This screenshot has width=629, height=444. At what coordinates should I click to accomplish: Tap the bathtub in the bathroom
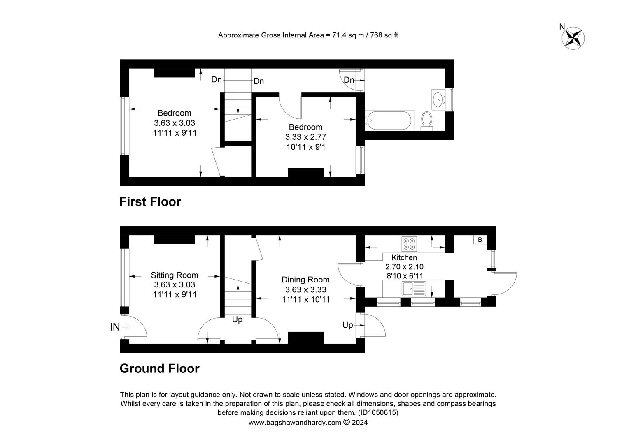click(389, 120)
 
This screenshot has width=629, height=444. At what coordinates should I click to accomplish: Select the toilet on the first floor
click(427, 121)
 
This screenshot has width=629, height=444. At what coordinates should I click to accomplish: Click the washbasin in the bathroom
click(439, 99)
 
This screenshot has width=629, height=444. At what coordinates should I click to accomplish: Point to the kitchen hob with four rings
click(409, 244)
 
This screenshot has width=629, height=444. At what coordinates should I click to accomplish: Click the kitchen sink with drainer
click(414, 289)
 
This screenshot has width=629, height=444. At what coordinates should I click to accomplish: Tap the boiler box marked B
click(480, 240)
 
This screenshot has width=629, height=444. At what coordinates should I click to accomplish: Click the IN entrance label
click(115, 327)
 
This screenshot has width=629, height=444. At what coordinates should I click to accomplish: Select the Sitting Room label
click(175, 275)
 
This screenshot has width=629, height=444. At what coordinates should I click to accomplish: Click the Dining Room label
click(305, 280)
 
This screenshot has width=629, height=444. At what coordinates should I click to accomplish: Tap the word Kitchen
click(404, 257)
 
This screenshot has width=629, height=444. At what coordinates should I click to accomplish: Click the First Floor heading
click(150, 202)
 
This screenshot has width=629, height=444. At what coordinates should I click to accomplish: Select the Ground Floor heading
click(159, 368)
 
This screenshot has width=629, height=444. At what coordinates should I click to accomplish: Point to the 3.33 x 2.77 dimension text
click(305, 137)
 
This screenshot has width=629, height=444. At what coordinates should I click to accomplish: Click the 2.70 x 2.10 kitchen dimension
click(404, 267)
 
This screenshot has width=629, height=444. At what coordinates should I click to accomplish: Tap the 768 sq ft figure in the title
click(384, 35)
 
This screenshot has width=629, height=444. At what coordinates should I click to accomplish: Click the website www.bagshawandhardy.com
click(295, 422)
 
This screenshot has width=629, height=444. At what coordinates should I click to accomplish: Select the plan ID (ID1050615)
click(378, 413)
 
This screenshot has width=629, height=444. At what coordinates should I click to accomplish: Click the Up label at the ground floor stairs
click(237, 320)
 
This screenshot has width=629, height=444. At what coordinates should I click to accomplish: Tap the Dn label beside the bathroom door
click(349, 80)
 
